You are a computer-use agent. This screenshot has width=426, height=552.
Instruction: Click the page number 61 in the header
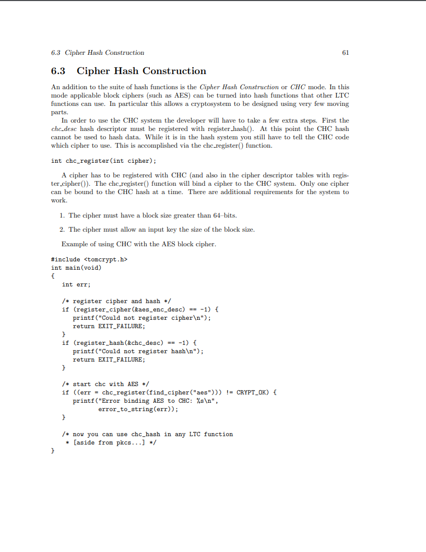[x=345, y=53]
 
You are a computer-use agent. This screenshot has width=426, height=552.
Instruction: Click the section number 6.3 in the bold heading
[x=58, y=71]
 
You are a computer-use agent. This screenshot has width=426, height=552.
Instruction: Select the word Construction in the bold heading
[x=174, y=71]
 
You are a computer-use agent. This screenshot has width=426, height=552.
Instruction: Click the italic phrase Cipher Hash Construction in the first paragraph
[x=239, y=87]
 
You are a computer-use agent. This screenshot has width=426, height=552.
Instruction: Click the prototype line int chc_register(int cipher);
[x=104, y=161]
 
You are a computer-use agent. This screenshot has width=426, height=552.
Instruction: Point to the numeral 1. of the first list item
[x=62, y=215]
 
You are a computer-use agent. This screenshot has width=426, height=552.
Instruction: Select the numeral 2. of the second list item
[x=62, y=229]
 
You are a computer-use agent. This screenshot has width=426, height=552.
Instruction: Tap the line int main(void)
[x=76, y=268]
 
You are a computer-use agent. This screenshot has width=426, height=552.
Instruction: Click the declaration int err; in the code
[x=76, y=284]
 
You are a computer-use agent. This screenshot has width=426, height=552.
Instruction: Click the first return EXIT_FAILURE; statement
[x=109, y=326]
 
